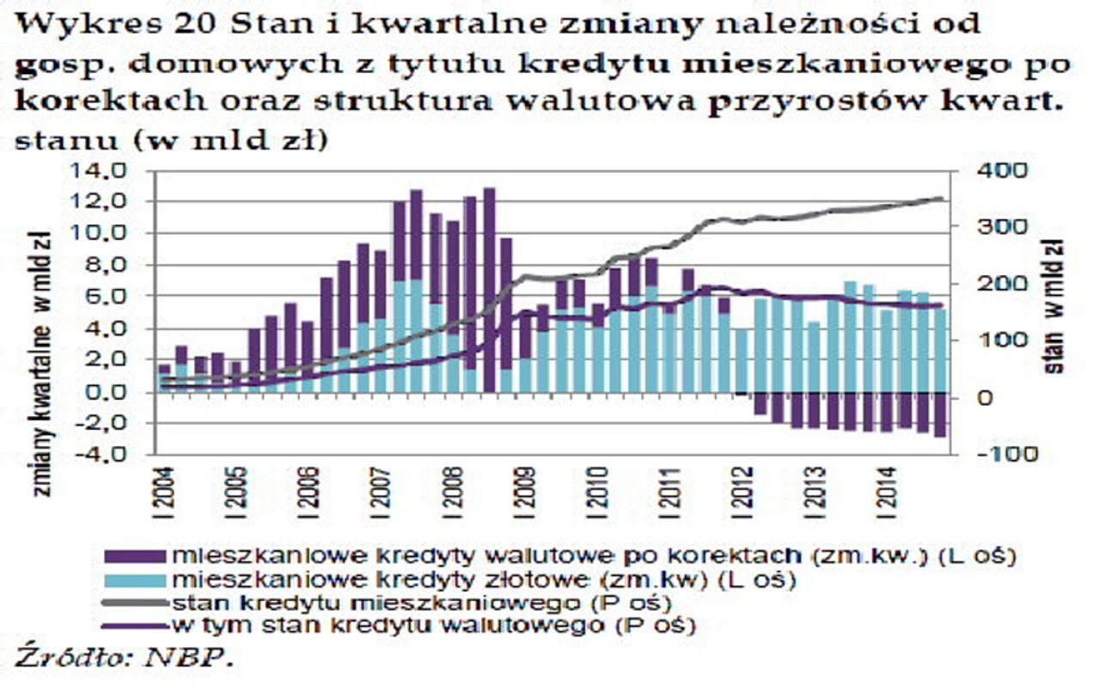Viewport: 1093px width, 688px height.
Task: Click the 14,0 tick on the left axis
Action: coord(102,170)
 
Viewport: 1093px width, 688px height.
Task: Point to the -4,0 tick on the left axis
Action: coord(102,456)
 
